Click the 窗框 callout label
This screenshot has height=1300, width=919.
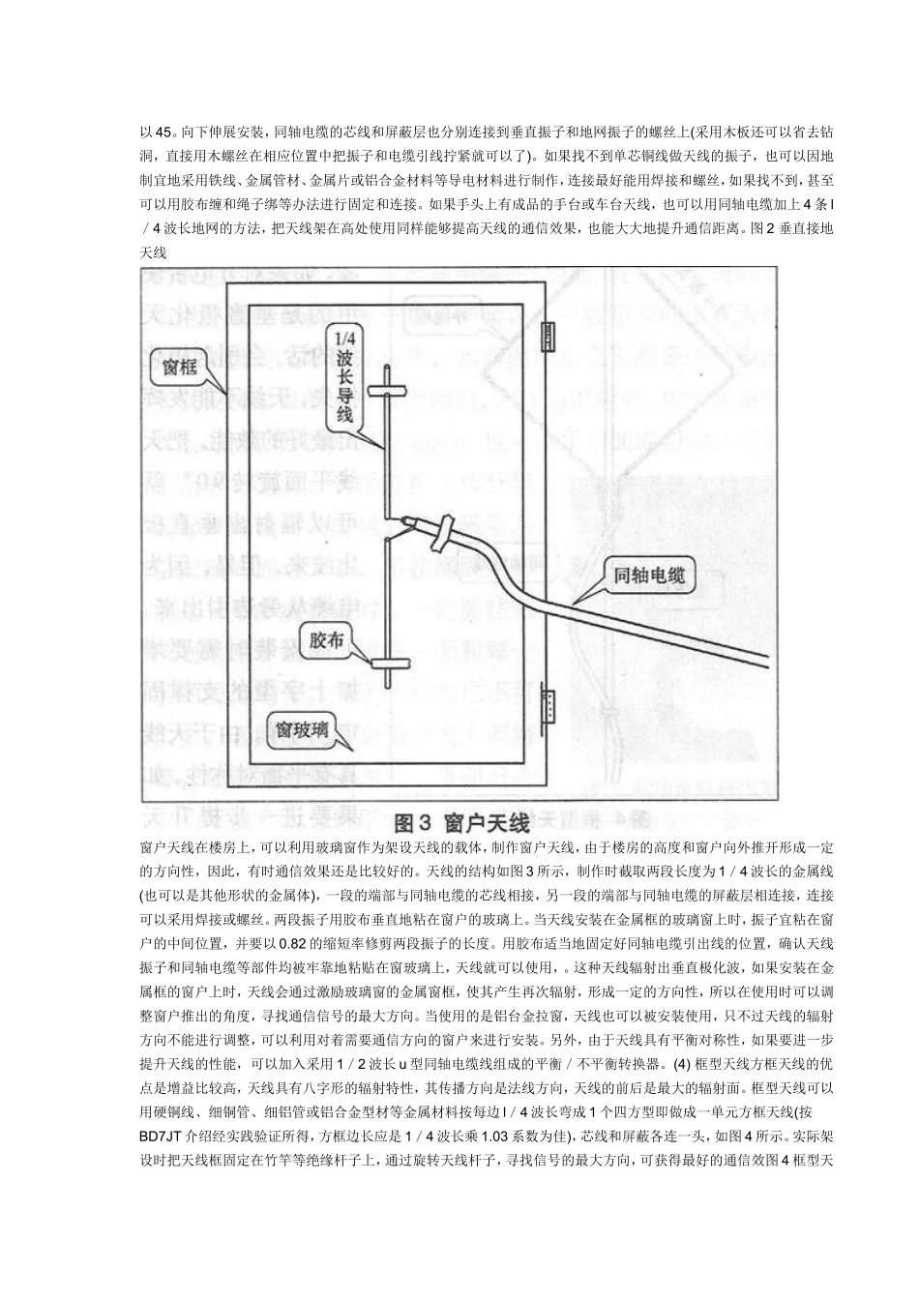(x=181, y=369)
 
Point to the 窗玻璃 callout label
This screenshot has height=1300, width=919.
(x=300, y=732)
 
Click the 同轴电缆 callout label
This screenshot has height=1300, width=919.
(x=649, y=577)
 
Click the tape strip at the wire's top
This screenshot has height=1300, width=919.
(x=388, y=392)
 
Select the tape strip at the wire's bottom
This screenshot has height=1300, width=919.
(x=387, y=664)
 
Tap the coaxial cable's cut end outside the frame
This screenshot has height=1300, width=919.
(x=768, y=664)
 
